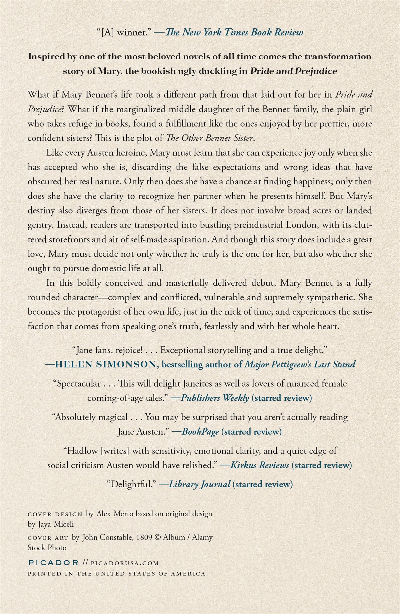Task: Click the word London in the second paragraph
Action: click(301, 225)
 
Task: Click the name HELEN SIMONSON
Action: click(105, 365)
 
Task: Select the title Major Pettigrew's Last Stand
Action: click(300, 365)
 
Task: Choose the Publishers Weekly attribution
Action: click(215, 398)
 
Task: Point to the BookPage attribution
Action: click(200, 432)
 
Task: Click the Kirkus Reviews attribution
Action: click(260, 465)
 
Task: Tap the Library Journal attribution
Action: click(199, 484)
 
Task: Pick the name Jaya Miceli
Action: click(56, 524)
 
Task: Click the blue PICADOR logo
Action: click(53, 563)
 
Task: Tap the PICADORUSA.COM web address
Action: click(125, 563)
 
